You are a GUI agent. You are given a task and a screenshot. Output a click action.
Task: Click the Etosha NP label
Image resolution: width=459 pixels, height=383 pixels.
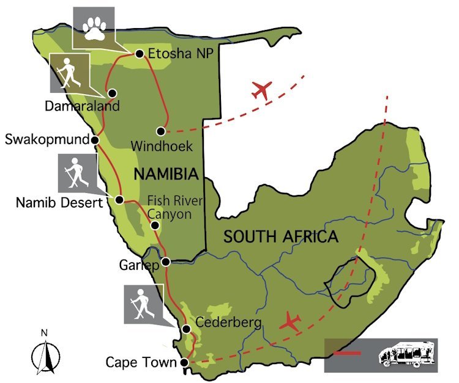pos(181,54)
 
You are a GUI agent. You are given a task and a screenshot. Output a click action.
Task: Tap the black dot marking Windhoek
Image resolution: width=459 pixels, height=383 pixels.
pos(161,131)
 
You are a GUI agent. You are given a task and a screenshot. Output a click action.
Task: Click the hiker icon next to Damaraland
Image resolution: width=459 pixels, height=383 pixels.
pos(69,72)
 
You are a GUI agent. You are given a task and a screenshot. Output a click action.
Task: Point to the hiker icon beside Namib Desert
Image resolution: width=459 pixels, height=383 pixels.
pos(78,172)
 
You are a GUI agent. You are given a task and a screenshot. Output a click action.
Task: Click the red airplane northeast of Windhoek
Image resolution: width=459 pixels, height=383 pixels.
pos(261,90)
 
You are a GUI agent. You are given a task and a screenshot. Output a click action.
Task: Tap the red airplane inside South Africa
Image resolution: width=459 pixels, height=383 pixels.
pos(291,321)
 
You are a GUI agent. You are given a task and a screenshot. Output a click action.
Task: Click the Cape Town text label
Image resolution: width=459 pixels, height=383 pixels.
pos(141,362)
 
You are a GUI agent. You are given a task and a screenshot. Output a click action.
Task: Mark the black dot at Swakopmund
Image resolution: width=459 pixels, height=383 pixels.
pos(95,140)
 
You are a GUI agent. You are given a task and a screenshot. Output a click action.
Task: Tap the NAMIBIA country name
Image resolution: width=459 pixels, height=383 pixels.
pos(166,175)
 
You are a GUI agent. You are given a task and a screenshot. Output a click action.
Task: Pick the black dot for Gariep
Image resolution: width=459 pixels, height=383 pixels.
pos(165,263)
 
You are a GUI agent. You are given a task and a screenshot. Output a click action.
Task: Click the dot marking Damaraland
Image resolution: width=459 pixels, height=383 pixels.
pos(113,93)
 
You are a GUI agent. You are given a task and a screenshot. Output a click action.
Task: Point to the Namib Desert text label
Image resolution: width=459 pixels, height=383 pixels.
pos(58,202)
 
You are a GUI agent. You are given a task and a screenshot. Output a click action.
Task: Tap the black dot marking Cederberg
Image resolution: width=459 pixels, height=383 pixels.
pos(186,329)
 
